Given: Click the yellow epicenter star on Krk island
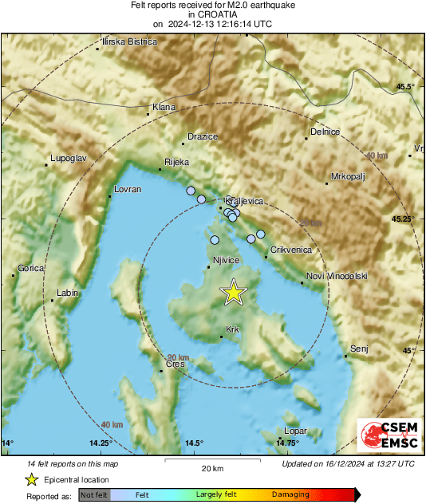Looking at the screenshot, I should pos(233,292).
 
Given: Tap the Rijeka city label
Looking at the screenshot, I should pos(176,162).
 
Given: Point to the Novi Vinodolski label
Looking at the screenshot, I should pos(337,276).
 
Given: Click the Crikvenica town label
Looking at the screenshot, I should pos(291,250).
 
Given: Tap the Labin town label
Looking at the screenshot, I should pos(68,293).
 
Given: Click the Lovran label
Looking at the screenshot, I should pos(128,189).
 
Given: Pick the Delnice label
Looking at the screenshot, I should pos(325,131).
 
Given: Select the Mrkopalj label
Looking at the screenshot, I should pos(349,176).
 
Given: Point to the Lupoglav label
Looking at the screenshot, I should pos(67,159).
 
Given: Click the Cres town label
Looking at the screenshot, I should pos(175,364).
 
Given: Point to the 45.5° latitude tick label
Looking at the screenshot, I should pos(407,86).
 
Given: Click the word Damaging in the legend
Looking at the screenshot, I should pos(290,494).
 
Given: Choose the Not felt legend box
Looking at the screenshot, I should pos(94,494).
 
